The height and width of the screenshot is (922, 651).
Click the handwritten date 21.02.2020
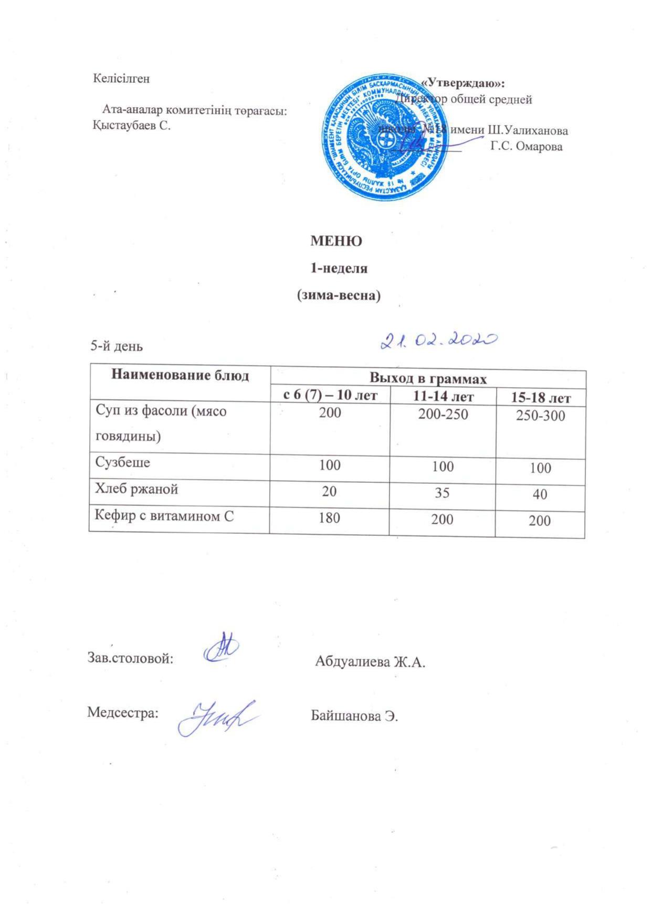pos(438,341)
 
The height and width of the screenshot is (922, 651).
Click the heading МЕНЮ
pos(336,241)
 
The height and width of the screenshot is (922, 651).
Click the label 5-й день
pos(117,346)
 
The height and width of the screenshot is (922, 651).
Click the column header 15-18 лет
pos(541,398)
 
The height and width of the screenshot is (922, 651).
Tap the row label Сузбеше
pos(122,463)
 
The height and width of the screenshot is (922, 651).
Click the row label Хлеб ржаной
pos(136,489)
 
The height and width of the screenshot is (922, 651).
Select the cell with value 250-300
pos(540,416)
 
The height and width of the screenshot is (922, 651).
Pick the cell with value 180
pos(329,517)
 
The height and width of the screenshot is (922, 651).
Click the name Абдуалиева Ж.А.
pos(370,662)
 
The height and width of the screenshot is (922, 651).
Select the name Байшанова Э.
pos(354,716)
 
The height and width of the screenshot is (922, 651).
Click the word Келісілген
pos(121,79)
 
